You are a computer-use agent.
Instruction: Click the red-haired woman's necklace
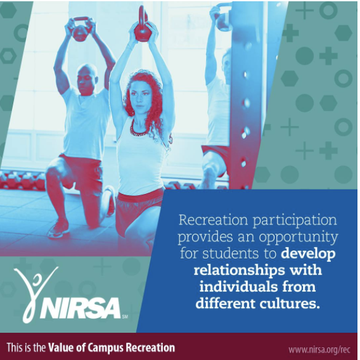[x=138, y=129]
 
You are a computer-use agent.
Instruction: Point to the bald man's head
[x=87, y=79]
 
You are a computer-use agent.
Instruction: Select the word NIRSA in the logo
[x=80, y=308]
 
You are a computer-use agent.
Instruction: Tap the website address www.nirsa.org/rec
[x=319, y=349]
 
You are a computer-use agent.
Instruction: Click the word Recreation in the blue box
[x=214, y=220]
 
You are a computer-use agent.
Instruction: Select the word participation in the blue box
[x=295, y=221]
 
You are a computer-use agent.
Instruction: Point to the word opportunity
[x=299, y=238]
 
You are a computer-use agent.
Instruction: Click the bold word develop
[x=308, y=254]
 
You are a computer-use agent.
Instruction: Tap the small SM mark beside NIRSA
[x=125, y=317]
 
